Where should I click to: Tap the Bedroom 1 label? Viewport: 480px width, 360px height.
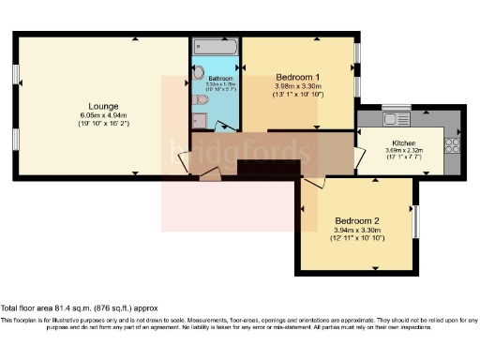click(x=298, y=77)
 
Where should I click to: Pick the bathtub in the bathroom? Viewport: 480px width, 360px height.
click(x=215, y=47)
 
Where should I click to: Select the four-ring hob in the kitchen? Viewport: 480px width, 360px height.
click(x=450, y=145)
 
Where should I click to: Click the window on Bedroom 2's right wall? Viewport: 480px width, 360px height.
click(x=416, y=221)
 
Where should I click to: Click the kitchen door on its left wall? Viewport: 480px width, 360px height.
click(x=359, y=155)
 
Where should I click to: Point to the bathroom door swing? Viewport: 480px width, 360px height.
click(x=222, y=124)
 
